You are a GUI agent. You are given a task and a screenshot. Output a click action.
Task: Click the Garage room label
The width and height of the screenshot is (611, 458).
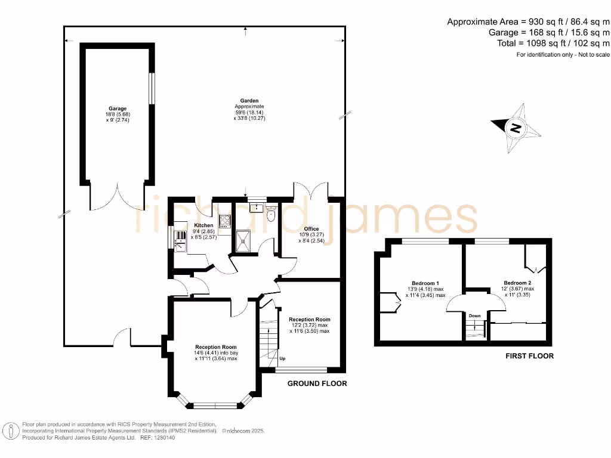(x=118, y=109)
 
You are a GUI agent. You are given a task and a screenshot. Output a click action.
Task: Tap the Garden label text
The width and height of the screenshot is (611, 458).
(x=249, y=101)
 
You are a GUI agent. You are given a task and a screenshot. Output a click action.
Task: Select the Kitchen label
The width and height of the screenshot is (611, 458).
(x=203, y=225)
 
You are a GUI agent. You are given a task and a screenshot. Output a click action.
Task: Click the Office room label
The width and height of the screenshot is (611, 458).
(x=311, y=229)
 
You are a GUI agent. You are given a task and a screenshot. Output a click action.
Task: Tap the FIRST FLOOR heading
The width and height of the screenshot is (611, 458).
(x=529, y=356)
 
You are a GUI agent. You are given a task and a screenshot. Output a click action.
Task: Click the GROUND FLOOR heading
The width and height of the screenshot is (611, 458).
(x=317, y=383)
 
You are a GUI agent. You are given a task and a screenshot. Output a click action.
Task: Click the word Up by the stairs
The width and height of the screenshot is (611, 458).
(x=282, y=359)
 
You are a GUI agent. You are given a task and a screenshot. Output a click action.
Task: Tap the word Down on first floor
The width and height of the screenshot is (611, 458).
(x=474, y=315)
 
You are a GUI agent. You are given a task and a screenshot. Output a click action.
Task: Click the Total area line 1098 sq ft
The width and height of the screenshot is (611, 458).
(x=553, y=43)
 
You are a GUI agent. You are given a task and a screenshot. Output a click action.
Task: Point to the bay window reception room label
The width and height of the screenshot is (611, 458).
(x=216, y=346)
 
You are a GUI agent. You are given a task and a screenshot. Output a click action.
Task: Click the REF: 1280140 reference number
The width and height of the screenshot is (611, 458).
(x=158, y=437)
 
